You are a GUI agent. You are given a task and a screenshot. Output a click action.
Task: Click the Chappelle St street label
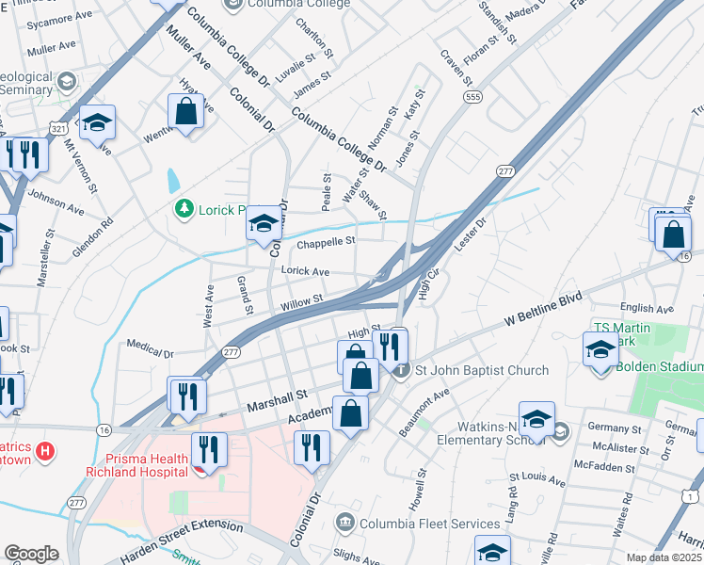click(326, 242)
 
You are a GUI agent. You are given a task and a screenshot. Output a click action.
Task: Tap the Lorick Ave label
click(306, 271)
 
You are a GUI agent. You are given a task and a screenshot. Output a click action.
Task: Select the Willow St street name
click(302, 300)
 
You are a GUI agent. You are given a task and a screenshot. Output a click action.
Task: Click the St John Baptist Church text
click(481, 370)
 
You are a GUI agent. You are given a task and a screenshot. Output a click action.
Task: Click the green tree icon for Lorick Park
click(184, 210)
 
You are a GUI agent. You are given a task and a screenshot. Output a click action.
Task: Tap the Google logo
click(31, 554)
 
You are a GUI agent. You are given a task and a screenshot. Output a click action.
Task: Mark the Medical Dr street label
click(150, 349)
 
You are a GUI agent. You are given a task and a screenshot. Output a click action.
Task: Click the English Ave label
click(647, 308)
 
